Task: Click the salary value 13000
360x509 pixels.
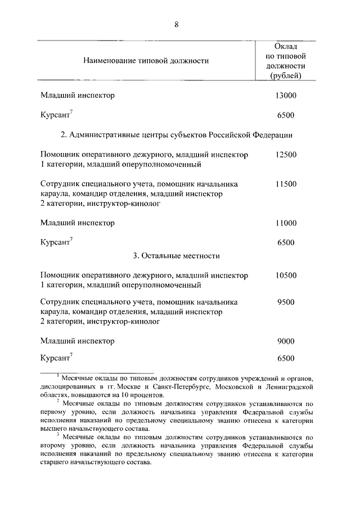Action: [x=286, y=95]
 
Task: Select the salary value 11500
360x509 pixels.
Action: [x=286, y=183]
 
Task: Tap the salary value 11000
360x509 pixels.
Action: [x=286, y=223]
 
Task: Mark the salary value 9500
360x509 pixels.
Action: [x=286, y=302]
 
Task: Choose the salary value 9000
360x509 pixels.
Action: [x=286, y=341]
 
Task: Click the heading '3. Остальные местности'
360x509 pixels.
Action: [x=176, y=255]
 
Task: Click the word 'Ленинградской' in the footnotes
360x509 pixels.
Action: [x=289, y=387]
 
